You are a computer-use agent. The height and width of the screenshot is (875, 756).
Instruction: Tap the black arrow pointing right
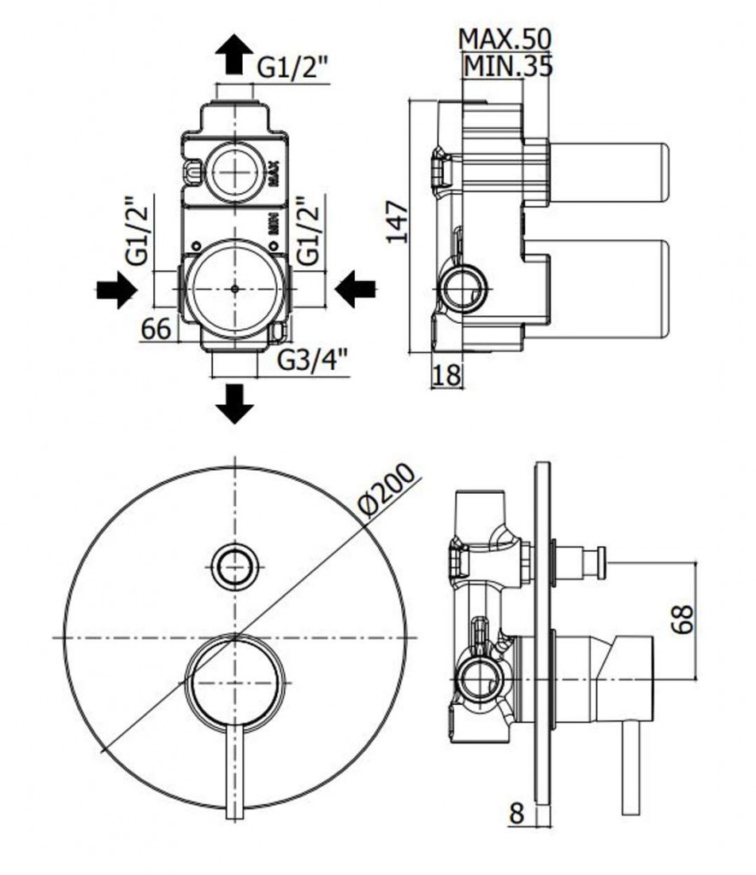[115, 291]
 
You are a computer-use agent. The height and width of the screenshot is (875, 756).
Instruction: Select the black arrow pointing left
[356, 290]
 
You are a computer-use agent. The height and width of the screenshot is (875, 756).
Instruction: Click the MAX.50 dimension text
[505, 38]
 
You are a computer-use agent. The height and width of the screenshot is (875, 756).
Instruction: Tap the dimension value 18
[446, 375]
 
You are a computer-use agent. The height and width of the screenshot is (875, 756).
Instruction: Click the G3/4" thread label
[316, 362]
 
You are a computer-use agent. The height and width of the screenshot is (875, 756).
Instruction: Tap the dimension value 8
[516, 813]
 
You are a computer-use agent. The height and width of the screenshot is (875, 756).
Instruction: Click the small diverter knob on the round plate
[234, 565]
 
